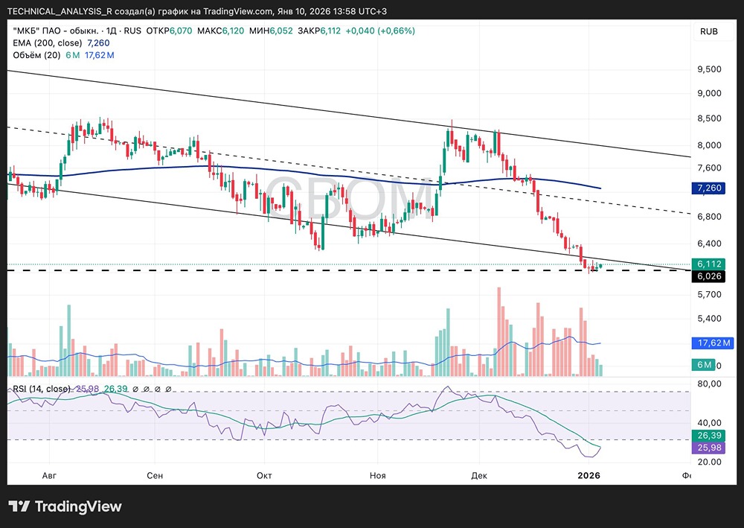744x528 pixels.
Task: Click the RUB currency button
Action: (709, 31)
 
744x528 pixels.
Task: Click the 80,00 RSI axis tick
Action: (709, 384)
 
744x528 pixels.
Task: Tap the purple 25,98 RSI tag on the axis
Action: (708, 448)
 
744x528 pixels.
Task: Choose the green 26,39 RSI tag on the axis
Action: (708, 436)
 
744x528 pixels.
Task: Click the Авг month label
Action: (49, 475)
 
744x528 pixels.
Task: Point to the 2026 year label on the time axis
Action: (589, 475)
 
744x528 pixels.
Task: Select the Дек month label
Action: (478, 475)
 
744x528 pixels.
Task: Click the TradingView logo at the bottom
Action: (65, 506)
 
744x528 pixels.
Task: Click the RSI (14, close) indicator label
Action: (42, 389)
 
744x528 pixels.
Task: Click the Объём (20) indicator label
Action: (36, 55)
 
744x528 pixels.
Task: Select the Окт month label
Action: (264, 475)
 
